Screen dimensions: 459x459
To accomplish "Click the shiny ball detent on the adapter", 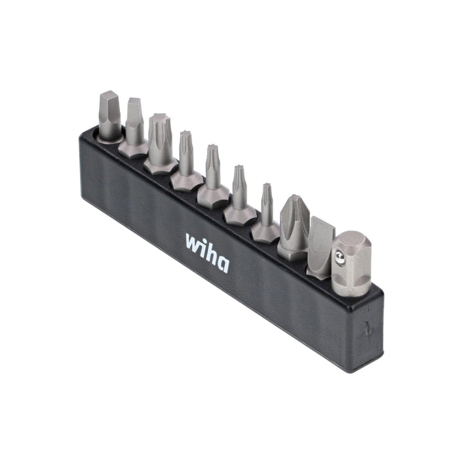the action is pos(340,257).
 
